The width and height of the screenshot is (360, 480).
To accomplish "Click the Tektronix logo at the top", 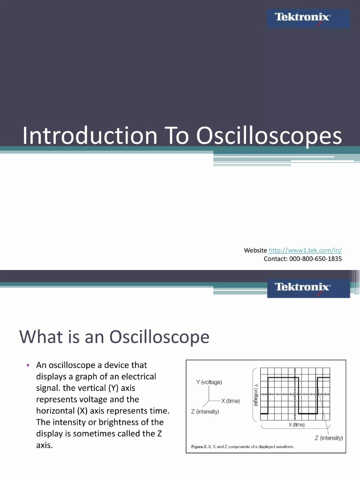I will (303, 18).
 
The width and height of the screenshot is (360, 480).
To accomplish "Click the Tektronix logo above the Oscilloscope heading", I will (303, 287).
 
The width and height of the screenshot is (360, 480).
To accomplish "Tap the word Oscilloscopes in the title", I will (269, 136).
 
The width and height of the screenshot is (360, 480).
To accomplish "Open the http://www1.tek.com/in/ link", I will (305, 250).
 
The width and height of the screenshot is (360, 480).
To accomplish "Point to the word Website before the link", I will (255, 250).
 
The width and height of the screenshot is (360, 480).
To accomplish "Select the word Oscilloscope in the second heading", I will (159, 337).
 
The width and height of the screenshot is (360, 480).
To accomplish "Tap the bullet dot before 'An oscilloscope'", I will (28, 366).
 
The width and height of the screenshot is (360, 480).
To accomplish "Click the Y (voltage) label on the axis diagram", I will (209, 382).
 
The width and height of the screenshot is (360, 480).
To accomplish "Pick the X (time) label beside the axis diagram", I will (231, 401).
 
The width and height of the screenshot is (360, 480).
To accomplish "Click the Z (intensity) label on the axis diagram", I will (205, 412).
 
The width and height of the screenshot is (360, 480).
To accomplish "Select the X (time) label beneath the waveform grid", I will (296, 425).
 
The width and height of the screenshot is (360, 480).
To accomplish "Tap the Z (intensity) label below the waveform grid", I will (329, 438).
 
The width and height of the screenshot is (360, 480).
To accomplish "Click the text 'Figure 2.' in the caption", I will (199, 447).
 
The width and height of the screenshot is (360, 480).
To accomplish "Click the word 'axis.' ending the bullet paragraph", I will (45, 445).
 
